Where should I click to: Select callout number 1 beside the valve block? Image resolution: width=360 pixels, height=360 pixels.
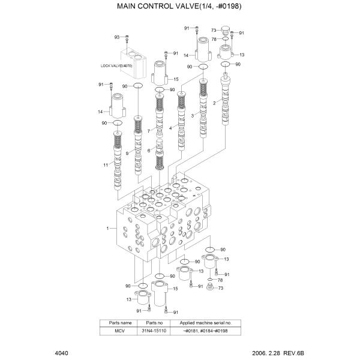click(107, 229)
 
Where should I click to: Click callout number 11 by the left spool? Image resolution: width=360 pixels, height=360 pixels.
click(105, 165)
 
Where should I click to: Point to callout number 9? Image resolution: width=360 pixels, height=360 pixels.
click(127, 153)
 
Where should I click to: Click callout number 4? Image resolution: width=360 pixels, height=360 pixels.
click(171, 128)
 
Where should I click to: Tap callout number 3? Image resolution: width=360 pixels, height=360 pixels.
click(193, 114)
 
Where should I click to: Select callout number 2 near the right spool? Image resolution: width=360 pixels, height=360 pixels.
click(214, 103)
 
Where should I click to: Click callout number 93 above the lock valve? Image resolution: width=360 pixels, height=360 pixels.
click(118, 37)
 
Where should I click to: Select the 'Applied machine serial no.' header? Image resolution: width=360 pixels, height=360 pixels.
click(203, 323)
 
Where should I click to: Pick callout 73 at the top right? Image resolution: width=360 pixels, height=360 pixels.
click(214, 29)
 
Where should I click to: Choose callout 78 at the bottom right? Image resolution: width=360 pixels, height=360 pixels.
click(220, 281)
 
